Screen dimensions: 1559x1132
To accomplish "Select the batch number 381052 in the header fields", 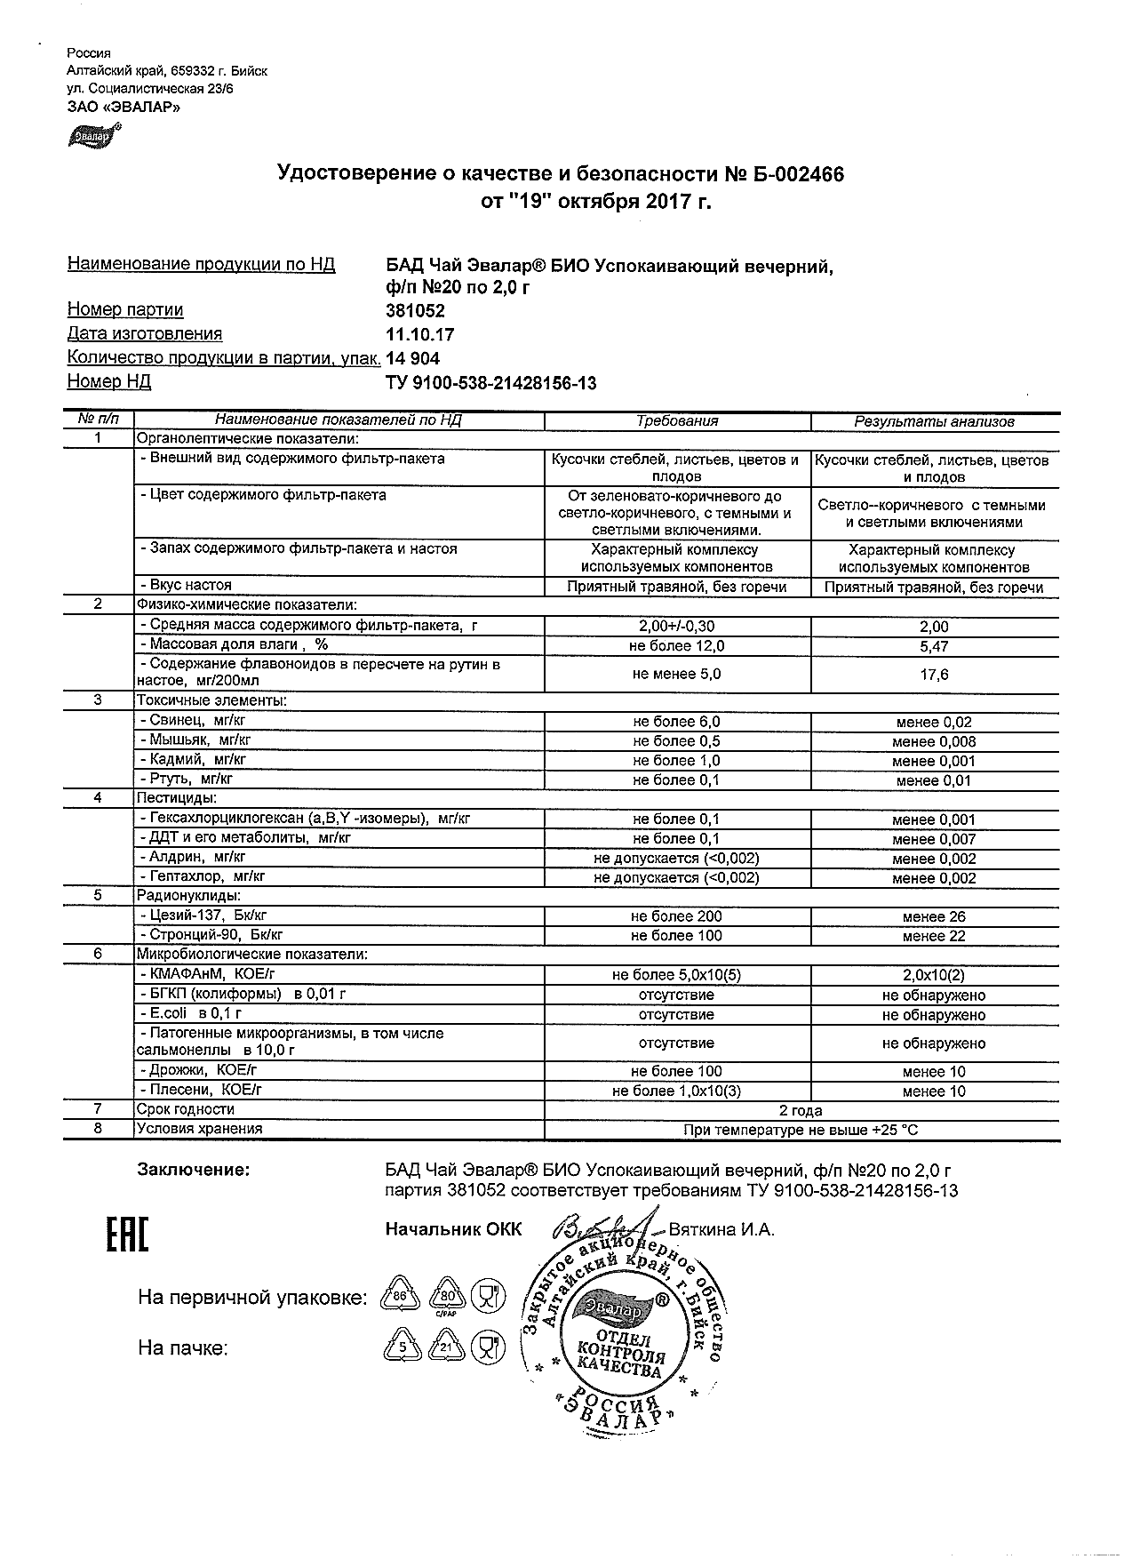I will (x=415, y=311).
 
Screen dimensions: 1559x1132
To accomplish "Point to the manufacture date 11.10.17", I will (x=419, y=335).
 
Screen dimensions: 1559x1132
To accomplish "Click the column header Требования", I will (x=677, y=421).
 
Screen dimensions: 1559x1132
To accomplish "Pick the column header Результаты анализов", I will (x=934, y=422).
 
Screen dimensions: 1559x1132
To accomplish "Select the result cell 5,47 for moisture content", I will (x=934, y=647).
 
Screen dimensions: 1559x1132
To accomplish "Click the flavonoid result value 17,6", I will (x=934, y=675).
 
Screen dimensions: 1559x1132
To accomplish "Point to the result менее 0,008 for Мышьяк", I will (x=934, y=741).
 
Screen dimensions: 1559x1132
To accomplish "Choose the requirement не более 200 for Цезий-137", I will (x=676, y=916).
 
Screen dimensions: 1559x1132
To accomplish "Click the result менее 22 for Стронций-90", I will (x=934, y=936).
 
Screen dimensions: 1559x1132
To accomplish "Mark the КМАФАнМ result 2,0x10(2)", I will (x=934, y=975).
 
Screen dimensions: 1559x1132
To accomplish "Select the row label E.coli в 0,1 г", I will (x=190, y=1013).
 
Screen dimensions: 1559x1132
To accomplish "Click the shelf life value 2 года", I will (x=801, y=1110).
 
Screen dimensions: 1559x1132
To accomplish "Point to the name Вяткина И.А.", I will (x=721, y=1230).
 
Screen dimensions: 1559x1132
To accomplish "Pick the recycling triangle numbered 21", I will (x=446, y=1348).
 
